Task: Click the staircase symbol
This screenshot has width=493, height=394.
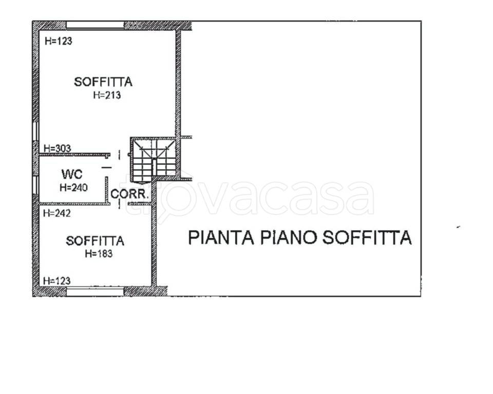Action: point(154,160)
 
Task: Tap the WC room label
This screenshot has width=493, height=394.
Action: point(72,174)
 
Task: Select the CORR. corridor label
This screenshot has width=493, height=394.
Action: point(129,194)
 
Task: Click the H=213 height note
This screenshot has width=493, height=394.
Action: point(107,95)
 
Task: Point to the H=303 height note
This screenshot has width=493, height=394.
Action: point(57,148)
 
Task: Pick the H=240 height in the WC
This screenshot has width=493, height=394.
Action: point(73,188)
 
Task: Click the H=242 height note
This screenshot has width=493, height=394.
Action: point(57,213)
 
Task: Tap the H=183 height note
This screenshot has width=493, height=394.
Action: point(99,253)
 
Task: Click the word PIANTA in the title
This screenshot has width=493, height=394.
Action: point(221,238)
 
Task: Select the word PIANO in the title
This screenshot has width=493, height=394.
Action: point(288,238)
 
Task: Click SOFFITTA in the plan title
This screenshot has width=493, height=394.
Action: point(367,238)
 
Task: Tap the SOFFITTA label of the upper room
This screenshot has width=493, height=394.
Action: point(103,82)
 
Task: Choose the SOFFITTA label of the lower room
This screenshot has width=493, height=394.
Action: point(95,241)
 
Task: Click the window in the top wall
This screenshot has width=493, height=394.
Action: point(96,25)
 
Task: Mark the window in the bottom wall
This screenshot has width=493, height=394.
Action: point(96,291)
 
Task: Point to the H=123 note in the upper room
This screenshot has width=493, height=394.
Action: point(59,41)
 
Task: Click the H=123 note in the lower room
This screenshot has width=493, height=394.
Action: point(56,281)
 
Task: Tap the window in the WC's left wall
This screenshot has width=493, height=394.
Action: point(35,185)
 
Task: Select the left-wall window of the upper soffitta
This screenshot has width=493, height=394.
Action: point(35,131)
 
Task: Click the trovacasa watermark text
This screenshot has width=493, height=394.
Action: point(250,195)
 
